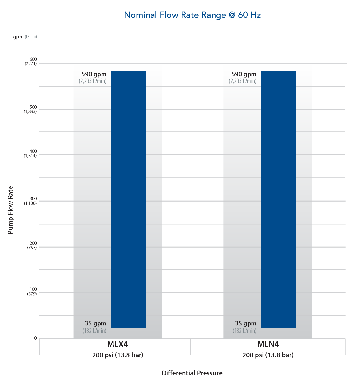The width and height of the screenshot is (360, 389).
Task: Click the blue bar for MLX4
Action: [128, 200]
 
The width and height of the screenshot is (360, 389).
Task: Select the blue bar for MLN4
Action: [278, 200]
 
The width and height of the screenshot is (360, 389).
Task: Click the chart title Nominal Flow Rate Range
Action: [192, 15]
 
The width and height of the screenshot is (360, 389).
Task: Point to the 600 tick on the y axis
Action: [33, 59]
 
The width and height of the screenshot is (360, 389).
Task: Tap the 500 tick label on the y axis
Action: [33, 107]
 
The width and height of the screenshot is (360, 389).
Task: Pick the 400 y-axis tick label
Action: [33, 151]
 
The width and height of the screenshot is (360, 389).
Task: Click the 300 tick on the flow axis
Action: [33, 199]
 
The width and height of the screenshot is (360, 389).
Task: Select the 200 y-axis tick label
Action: [33, 243]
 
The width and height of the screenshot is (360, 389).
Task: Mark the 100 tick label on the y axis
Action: [33, 289]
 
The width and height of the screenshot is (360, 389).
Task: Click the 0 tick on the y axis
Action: [35, 338]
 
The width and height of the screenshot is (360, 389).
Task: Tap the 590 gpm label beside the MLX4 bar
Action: [94, 74]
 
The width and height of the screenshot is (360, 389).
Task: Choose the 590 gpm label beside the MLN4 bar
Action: [244, 74]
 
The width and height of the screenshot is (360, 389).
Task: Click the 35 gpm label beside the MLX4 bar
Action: [95, 324]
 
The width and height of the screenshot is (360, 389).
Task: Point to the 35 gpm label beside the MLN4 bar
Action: [246, 324]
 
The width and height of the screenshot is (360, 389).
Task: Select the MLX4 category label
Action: [118, 344]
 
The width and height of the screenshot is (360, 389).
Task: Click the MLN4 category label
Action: [268, 344]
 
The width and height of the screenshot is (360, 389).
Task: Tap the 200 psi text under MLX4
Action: [118, 355]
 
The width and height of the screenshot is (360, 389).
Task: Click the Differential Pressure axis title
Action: [192, 373]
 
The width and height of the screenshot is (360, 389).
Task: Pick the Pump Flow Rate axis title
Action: [10, 210]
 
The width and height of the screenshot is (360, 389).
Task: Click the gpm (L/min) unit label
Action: [25, 37]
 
